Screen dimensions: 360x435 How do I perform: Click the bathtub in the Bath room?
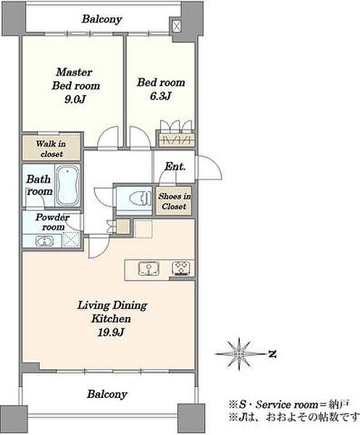click(x=68, y=186)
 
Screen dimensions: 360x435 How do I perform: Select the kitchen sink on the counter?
click(x=148, y=268)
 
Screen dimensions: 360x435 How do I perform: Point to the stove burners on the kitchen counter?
click(x=181, y=268)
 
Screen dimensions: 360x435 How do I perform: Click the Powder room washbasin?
click(x=44, y=241)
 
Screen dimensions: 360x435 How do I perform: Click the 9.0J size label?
click(x=75, y=99)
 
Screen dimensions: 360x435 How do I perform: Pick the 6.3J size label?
click(x=161, y=96)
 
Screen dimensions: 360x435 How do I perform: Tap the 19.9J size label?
click(x=110, y=332)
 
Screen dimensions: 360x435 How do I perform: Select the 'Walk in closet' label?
click(x=51, y=149)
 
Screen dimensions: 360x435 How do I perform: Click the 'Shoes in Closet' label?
click(x=175, y=201)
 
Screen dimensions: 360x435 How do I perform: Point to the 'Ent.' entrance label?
click(x=175, y=167)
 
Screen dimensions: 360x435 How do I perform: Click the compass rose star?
click(x=238, y=354)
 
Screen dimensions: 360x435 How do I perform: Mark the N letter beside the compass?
click(x=272, y=354)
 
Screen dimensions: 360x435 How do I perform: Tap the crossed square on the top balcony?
click(x=177, y=26)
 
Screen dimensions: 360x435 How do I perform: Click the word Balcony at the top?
click(x=102, y=19)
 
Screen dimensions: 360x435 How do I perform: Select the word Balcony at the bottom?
click(x=107, y=394)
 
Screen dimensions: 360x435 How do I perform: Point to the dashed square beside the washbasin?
click(x=71, y=239)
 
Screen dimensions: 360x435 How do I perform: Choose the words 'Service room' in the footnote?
click(x=287, y=405)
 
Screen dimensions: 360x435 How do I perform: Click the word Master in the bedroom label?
click(x=74, y=72)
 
